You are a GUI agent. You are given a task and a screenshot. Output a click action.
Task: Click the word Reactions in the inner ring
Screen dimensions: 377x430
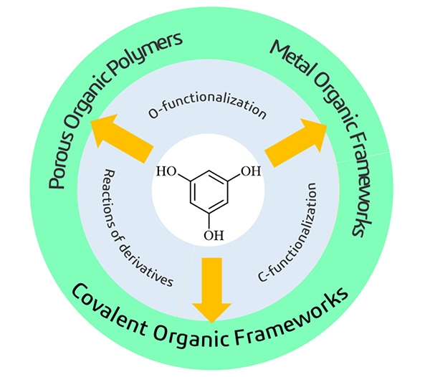click(113, 198)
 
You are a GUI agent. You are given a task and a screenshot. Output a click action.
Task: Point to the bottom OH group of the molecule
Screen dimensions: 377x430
click(212, 234)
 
